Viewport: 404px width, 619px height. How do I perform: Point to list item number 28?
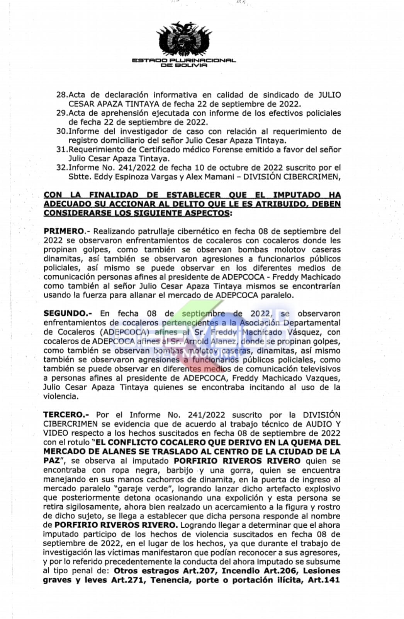pyautogui.click(x=62, y=95)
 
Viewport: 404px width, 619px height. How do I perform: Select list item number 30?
pyautogui.click(x=62, y=132)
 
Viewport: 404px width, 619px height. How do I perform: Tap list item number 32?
pyautogui.click(x=62, y=168)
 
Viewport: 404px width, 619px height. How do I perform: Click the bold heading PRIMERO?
pyautogui.click(x=63, y=231)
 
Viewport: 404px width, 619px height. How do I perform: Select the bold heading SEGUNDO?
pyautogui.click(x=66, y=314)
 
